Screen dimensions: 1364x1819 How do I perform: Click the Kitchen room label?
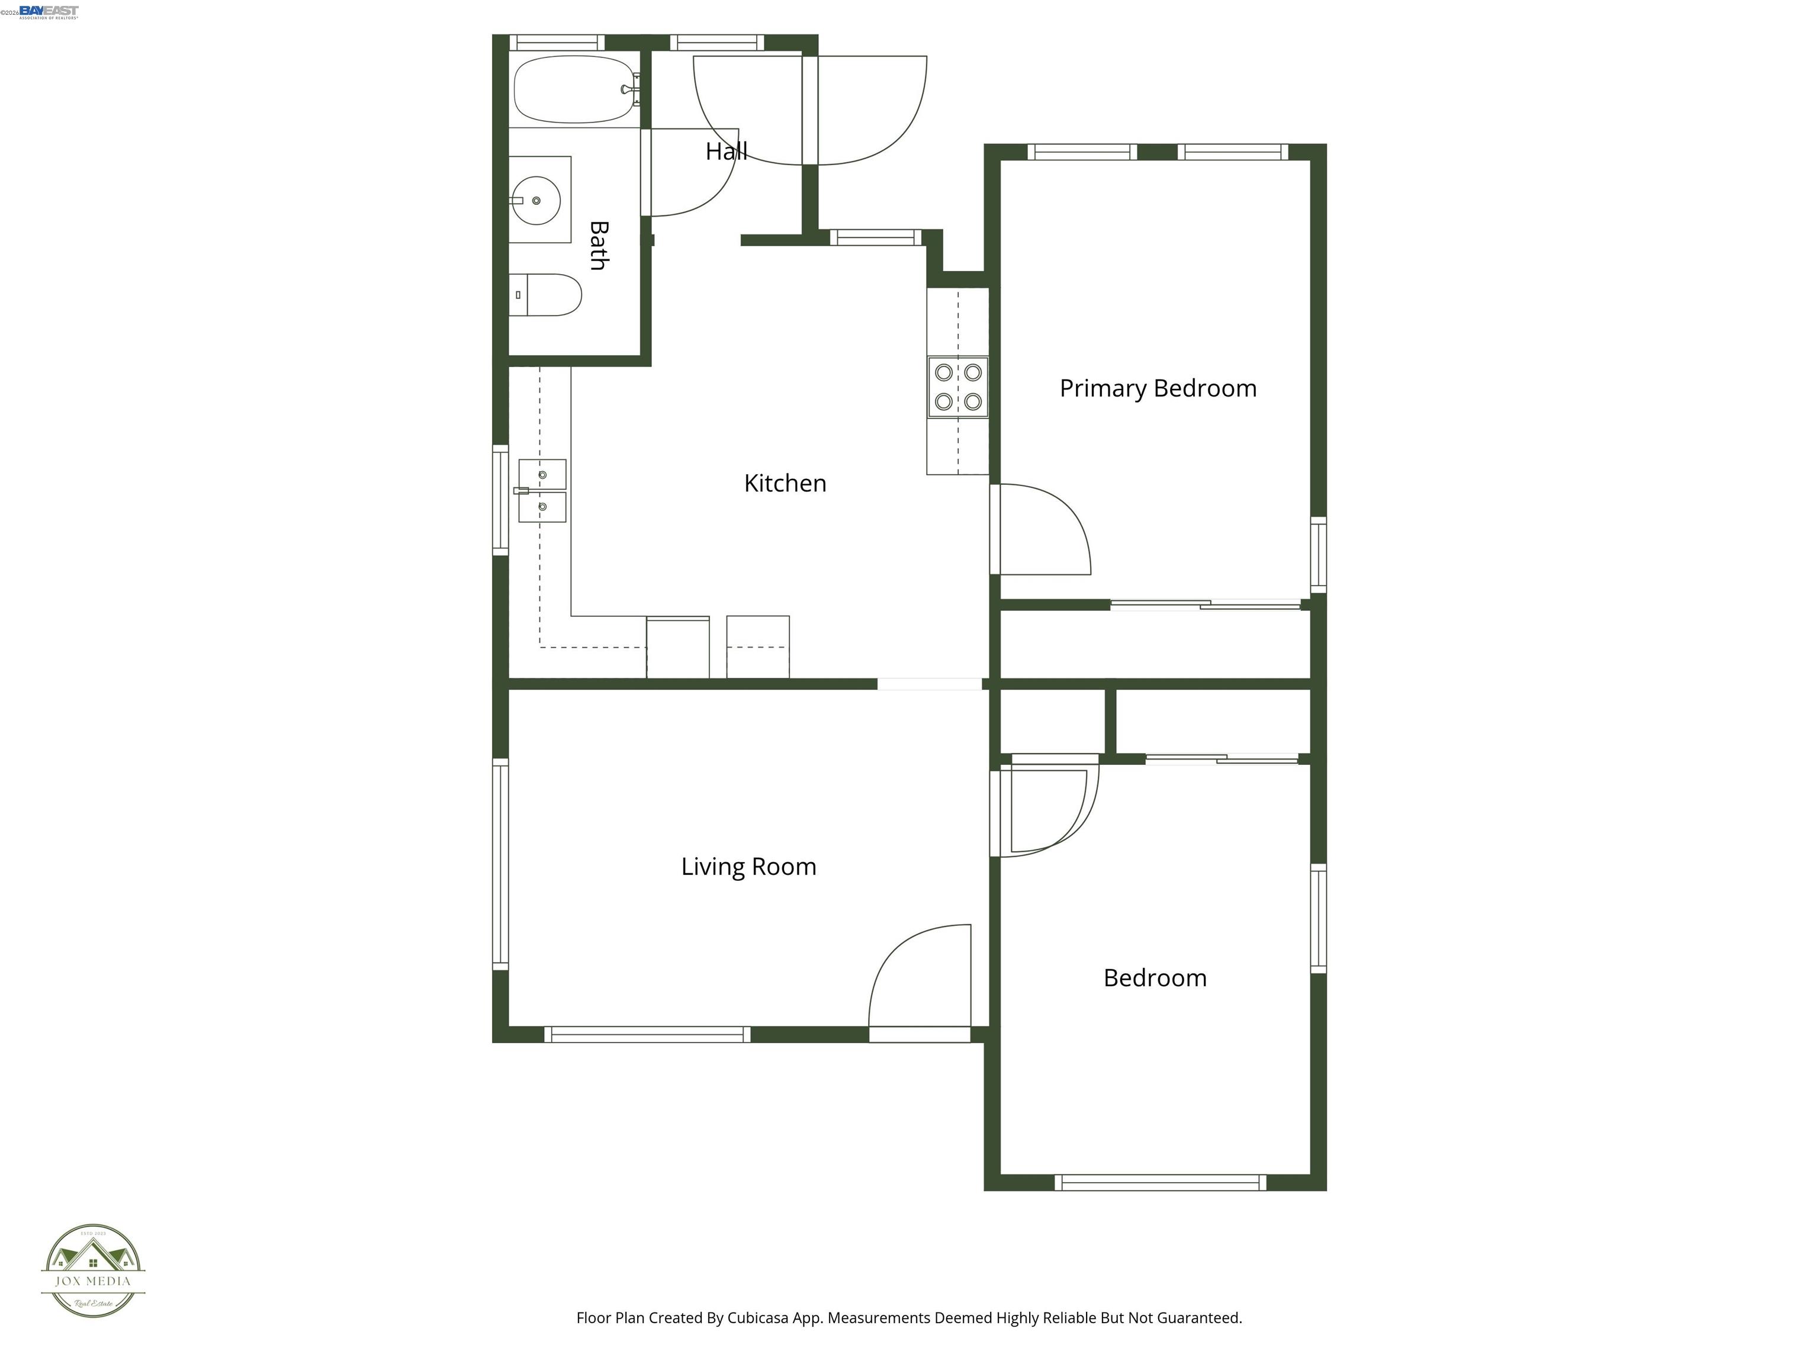coord(785,484)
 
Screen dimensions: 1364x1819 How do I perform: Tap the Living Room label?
coord(748,867)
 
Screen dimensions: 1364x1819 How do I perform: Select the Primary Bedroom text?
coord(1157,388)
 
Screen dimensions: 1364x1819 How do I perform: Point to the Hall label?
coord(726,152)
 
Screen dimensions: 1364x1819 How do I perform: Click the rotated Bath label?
coord(599,245)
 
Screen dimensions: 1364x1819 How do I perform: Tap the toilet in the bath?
coord(546,295)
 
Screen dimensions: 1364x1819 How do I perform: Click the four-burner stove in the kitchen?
coord(958,387)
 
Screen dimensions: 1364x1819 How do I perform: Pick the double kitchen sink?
coord(542,491)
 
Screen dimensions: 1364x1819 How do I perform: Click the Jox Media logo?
coord(93,1271)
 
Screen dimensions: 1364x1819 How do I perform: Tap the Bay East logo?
coord(49,11)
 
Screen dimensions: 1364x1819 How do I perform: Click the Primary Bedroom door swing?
coord(1043,530)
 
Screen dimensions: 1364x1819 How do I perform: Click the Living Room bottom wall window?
coord(648,1034)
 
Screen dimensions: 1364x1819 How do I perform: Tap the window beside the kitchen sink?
coord(500,500)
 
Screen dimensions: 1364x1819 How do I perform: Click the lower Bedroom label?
coord(1155,979)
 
